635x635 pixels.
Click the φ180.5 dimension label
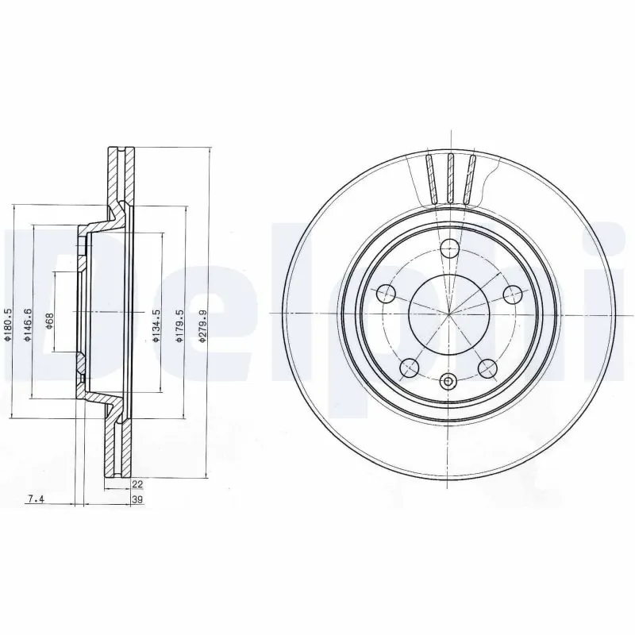coord(8,325)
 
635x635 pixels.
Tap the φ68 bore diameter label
coord(49,321)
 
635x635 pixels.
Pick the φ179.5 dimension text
coord(180,325)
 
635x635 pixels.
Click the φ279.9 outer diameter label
coord(202,325)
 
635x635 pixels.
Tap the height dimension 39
coord(137,498)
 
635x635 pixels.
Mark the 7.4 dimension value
coord(35,498)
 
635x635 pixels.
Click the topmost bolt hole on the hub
coord(449,248)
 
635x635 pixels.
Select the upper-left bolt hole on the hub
coord(387,294)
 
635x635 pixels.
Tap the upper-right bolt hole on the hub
coord(512,294)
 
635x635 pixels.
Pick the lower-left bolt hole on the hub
coord(410,367)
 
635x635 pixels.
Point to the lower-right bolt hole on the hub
coord(488,367)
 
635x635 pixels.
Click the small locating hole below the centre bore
coord(449,382)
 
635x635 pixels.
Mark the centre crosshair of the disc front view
coord(449,314)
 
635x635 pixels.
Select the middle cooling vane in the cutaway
coord(449,177)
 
